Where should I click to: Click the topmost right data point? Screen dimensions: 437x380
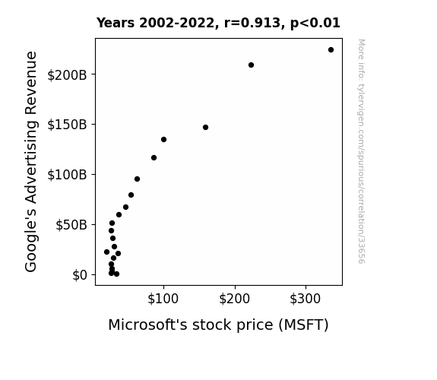331,50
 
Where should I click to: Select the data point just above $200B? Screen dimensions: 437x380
251,65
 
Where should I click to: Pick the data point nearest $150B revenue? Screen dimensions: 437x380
205,128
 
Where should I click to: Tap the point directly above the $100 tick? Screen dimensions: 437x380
163,139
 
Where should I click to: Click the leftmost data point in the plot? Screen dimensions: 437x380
106,252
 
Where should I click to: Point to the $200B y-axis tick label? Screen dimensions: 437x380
67,75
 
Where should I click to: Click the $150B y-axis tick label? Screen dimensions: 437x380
67,125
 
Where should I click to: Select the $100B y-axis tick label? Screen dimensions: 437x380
67,175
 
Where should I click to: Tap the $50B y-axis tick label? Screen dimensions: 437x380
71,225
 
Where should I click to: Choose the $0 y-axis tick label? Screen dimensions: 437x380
80,275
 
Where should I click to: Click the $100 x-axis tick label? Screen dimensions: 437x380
163,299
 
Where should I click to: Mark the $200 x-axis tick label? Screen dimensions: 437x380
234,299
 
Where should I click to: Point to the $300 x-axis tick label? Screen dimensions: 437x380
306,299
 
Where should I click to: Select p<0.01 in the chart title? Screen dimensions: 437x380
315,24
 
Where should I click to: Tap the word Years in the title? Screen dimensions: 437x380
116,23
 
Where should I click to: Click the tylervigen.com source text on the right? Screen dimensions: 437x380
361,151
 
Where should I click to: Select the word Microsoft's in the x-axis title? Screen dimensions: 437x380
147,325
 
